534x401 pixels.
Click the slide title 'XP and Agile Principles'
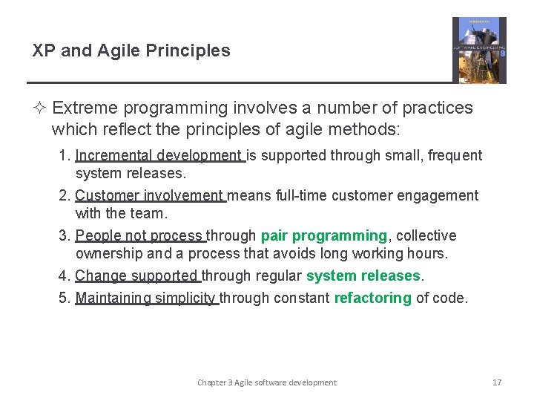[131, 50]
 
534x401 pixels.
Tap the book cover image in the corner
[479, 50]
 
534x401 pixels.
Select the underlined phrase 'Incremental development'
[159, 155]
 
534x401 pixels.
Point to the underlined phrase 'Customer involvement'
[151, 195]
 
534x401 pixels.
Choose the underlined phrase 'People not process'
[140, 235]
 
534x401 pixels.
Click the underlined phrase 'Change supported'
[137, 276]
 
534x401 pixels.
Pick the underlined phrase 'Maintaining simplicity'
[146, 298]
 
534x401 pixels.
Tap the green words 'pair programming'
[323, 235]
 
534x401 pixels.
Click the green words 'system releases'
[363, 276]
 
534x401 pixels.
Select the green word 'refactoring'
[372, 298]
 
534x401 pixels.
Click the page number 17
[497, 382]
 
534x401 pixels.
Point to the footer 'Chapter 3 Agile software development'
[266, 382]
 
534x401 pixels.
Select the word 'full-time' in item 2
[293, 195]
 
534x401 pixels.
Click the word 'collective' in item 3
[426, 235]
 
